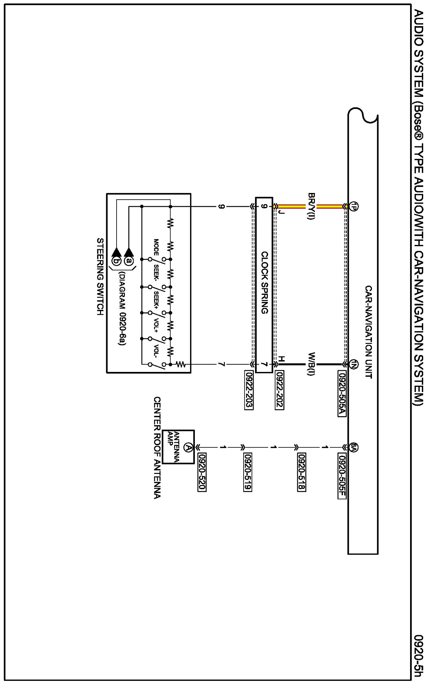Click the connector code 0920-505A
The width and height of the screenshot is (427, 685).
342,394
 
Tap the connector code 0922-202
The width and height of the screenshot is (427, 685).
280,391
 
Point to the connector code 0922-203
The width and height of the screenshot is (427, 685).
249,391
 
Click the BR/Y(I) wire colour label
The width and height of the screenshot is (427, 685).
311,207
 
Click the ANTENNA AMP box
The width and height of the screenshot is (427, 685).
179,447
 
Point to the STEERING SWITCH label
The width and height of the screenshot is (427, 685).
100,276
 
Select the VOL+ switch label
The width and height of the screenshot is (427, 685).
156,324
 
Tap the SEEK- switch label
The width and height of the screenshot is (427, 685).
156,273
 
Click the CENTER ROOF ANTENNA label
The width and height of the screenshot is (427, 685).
157,448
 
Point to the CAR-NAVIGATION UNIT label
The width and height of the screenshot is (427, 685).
369,332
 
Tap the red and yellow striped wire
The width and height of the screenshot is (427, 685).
329,207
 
